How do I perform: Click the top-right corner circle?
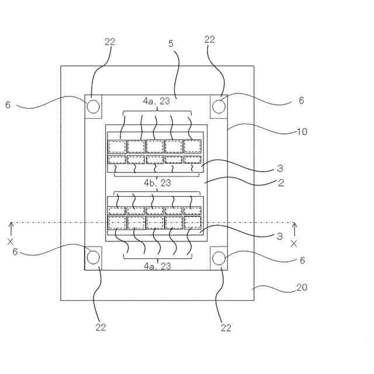point(219,106)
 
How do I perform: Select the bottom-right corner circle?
point(219,257)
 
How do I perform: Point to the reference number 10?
point(302,131)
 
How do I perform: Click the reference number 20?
point(302,288)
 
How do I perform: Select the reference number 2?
point(280,183)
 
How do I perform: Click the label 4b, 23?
point(157,183)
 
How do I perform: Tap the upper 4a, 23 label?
point(157,101)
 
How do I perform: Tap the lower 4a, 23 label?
point(157,266)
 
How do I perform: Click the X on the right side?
point(294,243)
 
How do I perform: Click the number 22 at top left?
point(110,41)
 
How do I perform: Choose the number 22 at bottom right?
point(225,328)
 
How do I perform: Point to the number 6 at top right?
point(301,101)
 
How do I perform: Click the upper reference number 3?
point(280,168)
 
